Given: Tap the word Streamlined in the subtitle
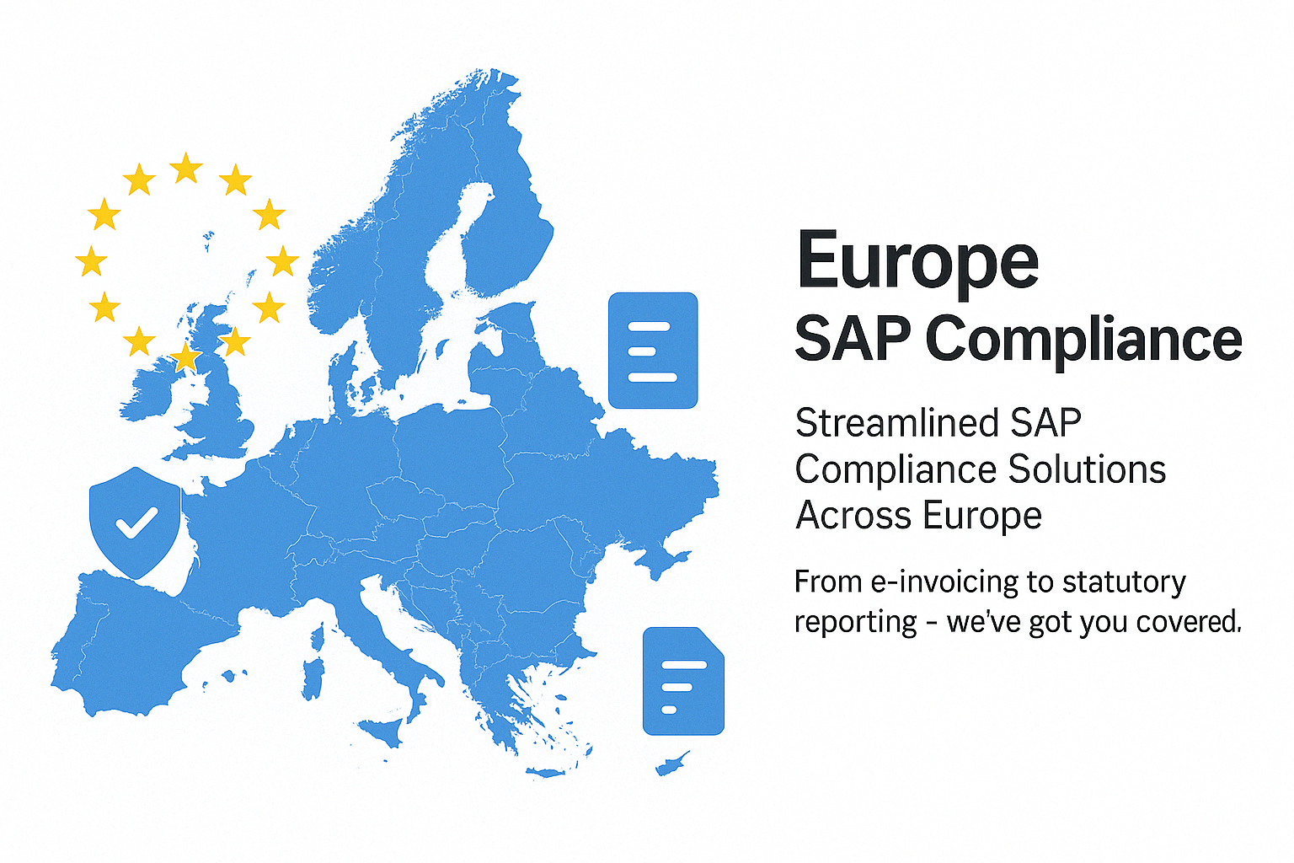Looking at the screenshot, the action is (896, 422).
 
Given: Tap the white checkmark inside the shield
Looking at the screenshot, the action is (136, 523).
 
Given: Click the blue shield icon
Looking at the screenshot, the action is (135, 522).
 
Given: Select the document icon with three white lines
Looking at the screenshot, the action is (653, 351).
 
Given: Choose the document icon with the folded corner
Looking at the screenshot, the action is (683, 681).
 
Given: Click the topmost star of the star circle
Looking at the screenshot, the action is (186, 169).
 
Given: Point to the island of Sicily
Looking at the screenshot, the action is (382, 732).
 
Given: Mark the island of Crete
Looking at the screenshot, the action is (545, 772).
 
